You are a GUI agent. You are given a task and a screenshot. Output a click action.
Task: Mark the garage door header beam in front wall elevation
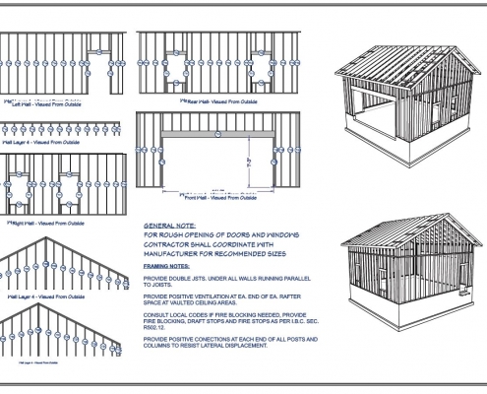(205, 131)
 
